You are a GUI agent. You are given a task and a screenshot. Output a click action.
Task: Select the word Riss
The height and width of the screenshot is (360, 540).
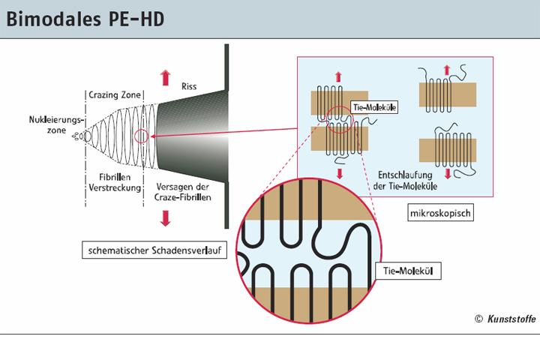click(x=189, y=86)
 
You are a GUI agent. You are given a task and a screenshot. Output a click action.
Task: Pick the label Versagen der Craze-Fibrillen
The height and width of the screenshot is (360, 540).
click(x=184, y=190)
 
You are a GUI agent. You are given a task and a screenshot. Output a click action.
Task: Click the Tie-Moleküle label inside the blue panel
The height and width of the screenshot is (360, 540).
click(x=373, y=107)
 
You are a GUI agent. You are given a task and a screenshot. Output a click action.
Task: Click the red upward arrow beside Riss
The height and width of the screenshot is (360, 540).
click(x=165, y=77)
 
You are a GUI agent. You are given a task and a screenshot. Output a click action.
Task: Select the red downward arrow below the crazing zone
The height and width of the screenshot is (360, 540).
click(x=165, y=217)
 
